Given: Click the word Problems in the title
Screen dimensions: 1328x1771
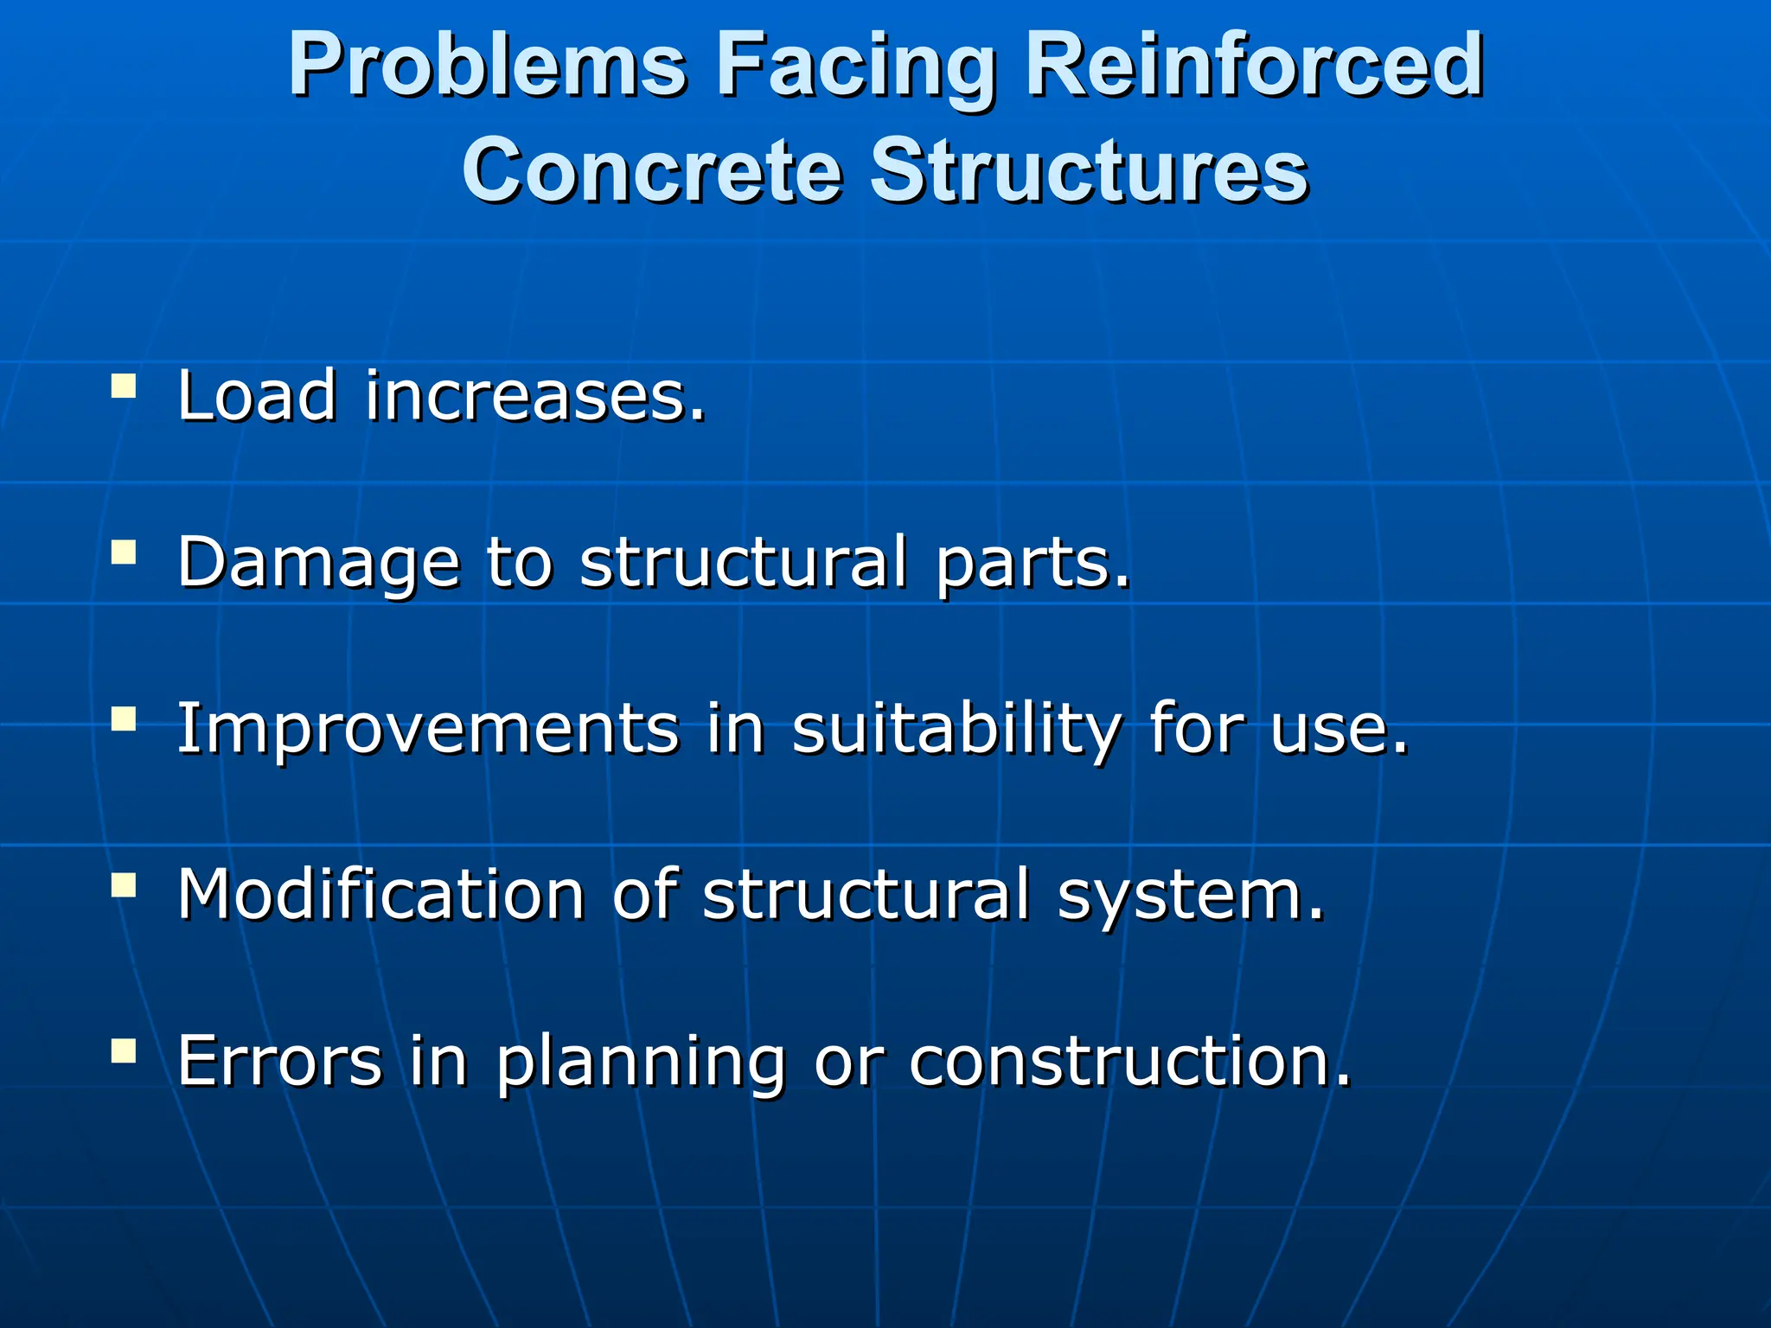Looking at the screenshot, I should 489,67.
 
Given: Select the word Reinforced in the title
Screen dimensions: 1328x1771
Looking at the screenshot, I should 1255,67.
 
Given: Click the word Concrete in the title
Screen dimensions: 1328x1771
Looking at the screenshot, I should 652,170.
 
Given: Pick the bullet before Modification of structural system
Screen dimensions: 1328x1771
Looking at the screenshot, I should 124,884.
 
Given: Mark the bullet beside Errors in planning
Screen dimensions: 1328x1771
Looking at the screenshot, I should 124,1050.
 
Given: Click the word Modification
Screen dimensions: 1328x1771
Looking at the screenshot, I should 381,894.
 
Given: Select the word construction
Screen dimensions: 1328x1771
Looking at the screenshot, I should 1129,1060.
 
